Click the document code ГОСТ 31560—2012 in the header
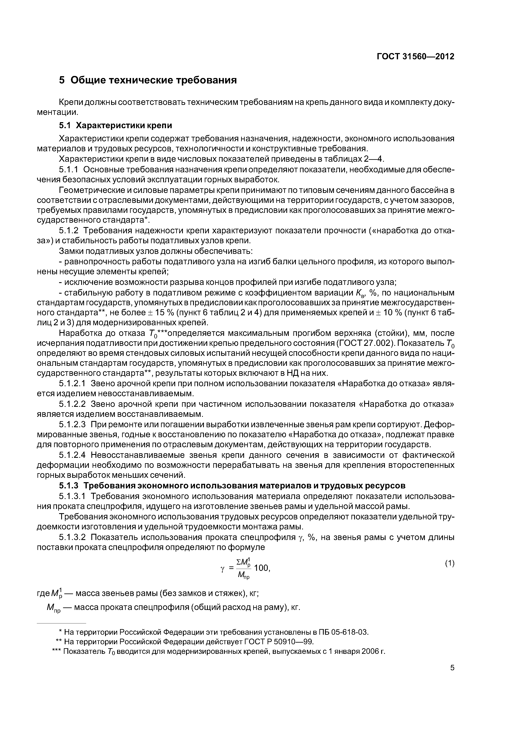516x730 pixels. pos(416,57)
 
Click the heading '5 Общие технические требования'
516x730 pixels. pos(148,81)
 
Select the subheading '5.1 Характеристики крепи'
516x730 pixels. pos(115,126)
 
